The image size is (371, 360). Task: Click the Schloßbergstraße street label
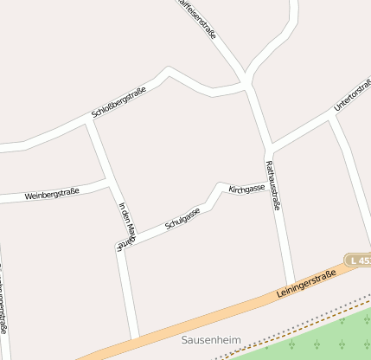pos(118,103)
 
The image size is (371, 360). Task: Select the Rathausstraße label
pos(272,185)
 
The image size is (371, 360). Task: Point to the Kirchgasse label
pos(246,189)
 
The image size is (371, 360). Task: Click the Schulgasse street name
pos(182,219)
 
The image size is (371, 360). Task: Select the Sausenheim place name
pos(211,339)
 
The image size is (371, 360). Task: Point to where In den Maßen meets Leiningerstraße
pos(136,336)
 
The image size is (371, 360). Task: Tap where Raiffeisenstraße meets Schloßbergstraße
pos(247,83)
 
